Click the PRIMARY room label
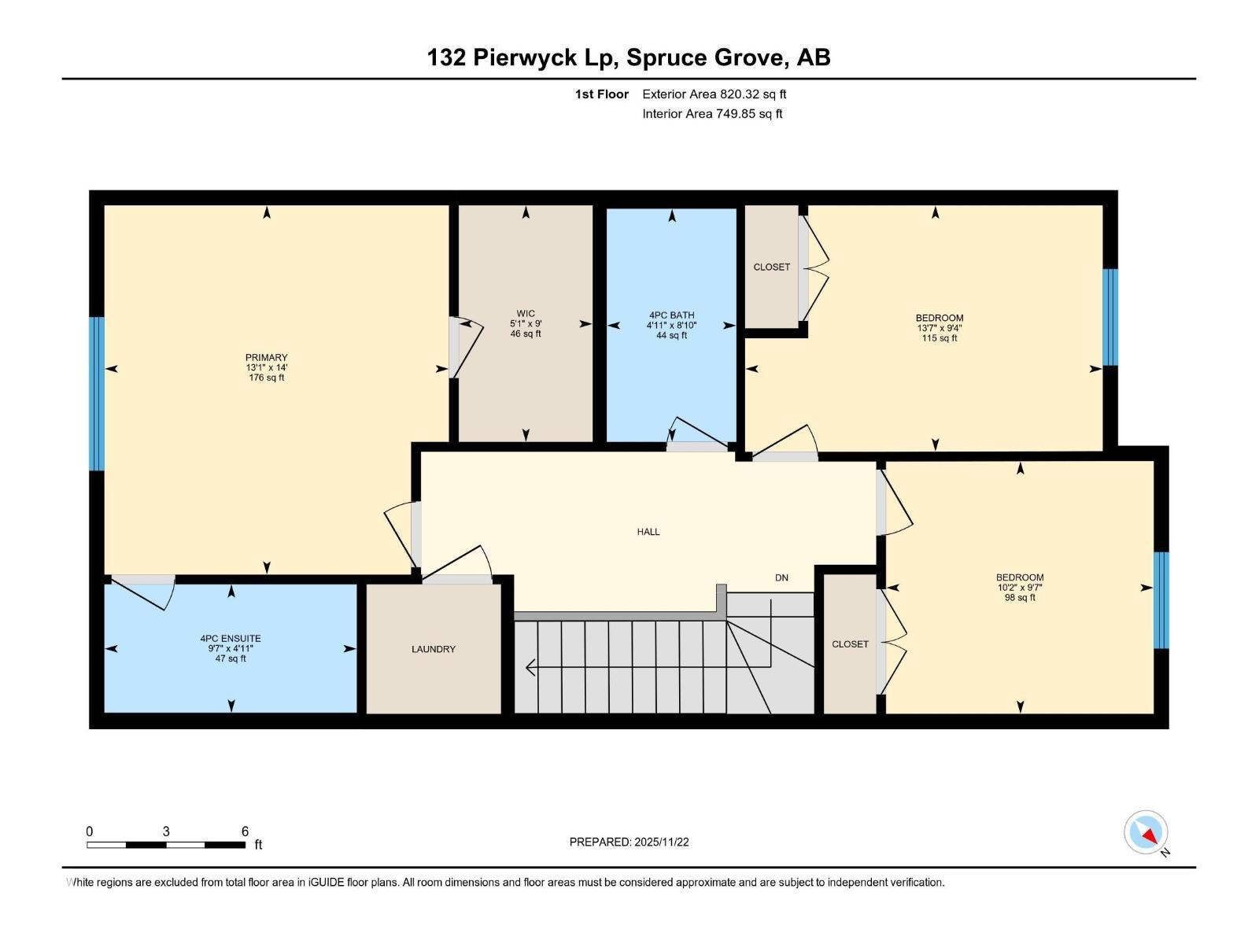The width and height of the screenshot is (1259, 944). pyautogui.click(x=266, y=358)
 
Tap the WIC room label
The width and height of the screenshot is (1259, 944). pyautogui.click(x=526, y=314)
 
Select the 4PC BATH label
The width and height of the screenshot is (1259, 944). pyautogui.click(x=671, y=315)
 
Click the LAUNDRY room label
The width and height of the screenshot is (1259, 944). pyautogui.click(x=433, y=650)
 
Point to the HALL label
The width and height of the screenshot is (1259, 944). pyautogui.click(x=648, y=533)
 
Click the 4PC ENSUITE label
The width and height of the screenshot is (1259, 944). pyautogui.click(x=231, y=639)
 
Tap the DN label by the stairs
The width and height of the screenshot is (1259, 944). pyautogui.click(x=781, y=578)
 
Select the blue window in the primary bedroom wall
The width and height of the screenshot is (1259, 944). pyautogui.click(x=97, y=393)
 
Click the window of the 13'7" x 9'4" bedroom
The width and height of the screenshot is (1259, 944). pyautogui.click(x=1109, y=318)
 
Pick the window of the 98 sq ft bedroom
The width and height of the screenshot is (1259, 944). pyautogui.click(x=1161, y=600)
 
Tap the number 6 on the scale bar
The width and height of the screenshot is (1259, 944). pyautogui.click(x=245, y=832)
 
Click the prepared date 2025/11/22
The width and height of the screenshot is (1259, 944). pyautogui.click(x=629, y=842)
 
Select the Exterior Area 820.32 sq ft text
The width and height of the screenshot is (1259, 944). pyautogui.click(x=714, y=94)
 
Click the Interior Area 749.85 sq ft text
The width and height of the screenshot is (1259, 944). pyautogui.click(x=712, y=114)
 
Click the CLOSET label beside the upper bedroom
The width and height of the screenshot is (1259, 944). pyautogui.click(x=771, y=267)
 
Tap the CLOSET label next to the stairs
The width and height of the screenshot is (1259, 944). pyautogui.click(x=850, y=644)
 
